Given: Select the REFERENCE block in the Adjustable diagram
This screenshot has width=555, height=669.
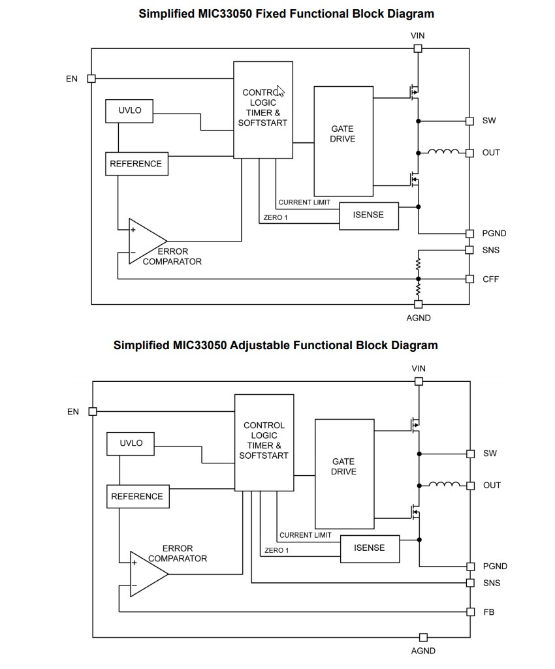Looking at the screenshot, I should tap(137, 497).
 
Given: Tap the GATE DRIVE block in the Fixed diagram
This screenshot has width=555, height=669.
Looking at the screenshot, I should tap(343, 140).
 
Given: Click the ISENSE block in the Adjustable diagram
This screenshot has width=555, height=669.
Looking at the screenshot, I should tap(370, 548).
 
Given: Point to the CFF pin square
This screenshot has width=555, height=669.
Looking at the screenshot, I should tap(469, 279).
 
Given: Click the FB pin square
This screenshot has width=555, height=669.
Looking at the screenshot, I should tap(470, 612).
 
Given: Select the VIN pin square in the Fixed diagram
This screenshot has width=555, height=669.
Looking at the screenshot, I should tap(418, 48).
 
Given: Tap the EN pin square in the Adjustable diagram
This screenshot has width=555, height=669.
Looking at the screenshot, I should tap(93, 412).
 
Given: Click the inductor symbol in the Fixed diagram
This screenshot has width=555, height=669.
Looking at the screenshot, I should tap(443, 153).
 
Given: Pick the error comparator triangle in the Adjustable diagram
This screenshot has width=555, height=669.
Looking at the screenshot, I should tap(148, 574).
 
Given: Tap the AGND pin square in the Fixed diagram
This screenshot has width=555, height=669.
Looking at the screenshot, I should tap(419, 304).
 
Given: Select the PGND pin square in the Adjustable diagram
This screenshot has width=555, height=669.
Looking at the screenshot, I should tap(470, 567).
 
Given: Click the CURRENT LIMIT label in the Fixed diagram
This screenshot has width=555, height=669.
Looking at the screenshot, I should tap(304, 203).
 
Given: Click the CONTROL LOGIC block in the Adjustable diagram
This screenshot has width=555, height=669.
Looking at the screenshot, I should tap(264, 442).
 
